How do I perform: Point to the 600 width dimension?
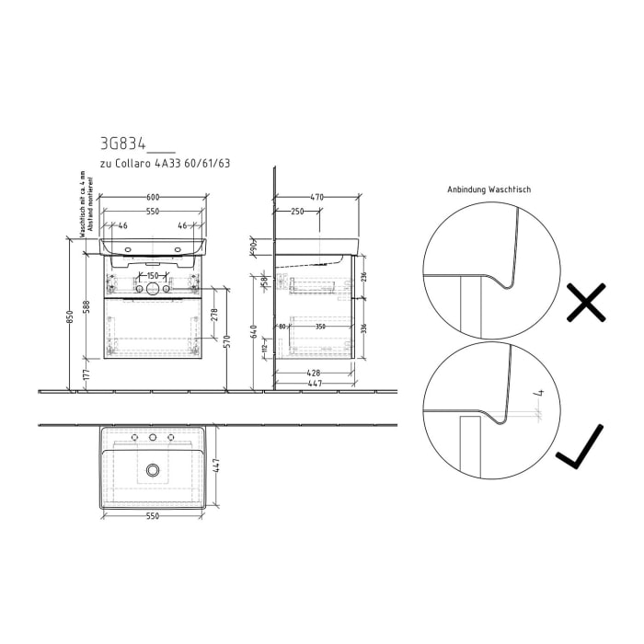[x=154, y=197]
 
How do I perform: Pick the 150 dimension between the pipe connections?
[x=154, y=276]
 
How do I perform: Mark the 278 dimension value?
[x=215, y=315]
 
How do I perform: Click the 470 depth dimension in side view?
[x=317, y=197]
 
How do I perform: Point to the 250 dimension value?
[x=297, y=213]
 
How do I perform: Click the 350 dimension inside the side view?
[x=320, y=326]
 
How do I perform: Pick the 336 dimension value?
[x=364, y=328]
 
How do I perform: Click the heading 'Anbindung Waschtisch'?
[x=489, y=190]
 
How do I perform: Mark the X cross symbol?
[x=586, y=303]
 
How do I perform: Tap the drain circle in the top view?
[x=153, y=470]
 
